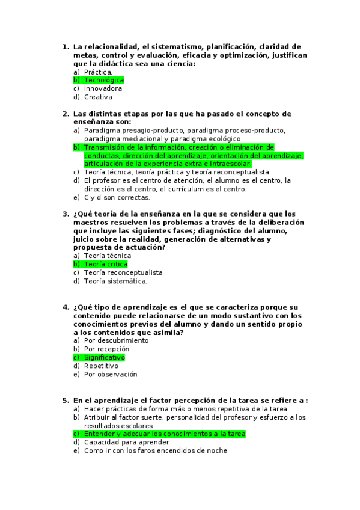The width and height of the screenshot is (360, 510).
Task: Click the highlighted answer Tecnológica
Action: pyautogui.click(x=103, y=80)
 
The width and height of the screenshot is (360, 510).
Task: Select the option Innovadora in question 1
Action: pyautogui.click(x=103, y=88)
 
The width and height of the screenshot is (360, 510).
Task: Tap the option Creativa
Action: pyautogui.click(x=98, y=97)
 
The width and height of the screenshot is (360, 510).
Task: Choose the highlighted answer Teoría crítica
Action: pyautogui.click(x=105, y=264)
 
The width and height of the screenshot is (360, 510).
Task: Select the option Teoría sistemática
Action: pyautogui.click(x=115, y=281)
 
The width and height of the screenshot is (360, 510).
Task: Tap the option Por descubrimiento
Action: pyautogui.click(x=116, y=340)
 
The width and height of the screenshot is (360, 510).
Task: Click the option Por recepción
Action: pyautogui.click(x=106, y=349)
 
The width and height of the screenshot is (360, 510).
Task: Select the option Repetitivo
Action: pyautogui.click(x=101, y=366)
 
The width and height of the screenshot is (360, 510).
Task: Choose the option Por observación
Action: pyautogui.click(x=110, y=374)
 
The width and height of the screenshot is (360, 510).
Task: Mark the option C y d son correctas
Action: pyautogui.click(x=117, y=197)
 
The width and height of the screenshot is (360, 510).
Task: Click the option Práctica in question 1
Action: pyautogui.click(x=97, y=72)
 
